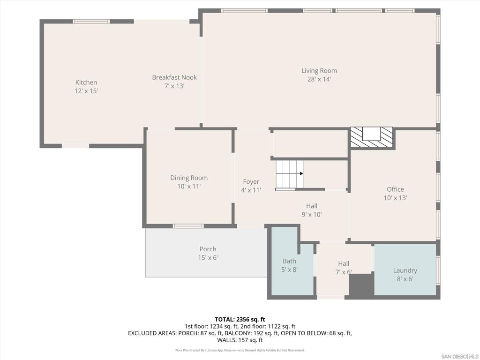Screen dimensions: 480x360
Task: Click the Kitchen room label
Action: (x=86, y=82)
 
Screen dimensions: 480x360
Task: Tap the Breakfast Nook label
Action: (x=174, y=77)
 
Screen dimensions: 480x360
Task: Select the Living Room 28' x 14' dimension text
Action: (x=319, y=79)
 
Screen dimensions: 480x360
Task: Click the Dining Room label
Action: (x=189, y=178)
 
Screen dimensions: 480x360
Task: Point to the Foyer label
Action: (x=251, y=182)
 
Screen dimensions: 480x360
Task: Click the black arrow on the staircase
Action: (x=301, y=173)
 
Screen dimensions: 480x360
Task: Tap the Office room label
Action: (x=395, y=189)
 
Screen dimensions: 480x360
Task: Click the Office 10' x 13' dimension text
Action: (x=395, y=198)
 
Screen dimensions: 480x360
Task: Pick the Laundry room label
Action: (x=405, y=270)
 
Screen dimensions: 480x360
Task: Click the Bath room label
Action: (x=289, y=261)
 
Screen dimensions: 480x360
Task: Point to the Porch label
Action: (x=208, y=249)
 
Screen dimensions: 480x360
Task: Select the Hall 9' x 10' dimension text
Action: (x=312, y=215)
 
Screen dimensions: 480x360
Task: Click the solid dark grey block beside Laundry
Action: (x=361, y=285)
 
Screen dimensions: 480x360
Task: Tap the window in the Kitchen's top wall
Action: (x=91, y=22)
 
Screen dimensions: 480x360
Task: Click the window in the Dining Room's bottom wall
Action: (x=188, y=226)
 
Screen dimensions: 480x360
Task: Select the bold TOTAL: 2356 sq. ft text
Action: (x=240, y=320)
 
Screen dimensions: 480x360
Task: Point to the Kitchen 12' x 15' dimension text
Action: (x=86, y=91)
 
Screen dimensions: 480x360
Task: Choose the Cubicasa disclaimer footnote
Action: (x=240, y=350)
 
